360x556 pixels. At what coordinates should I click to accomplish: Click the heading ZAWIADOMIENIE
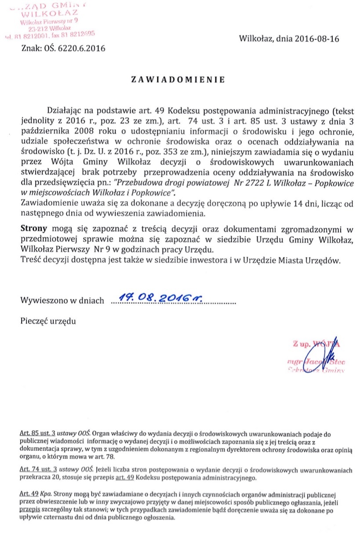pyautogui.click(x=178, y=80)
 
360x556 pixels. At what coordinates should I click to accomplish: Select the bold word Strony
pyautogui.click(x=35, y=229)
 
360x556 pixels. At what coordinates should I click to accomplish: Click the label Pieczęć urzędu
pyautogui.click(x=48, y=321)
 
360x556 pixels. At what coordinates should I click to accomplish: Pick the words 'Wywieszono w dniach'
pyautogui.click(x=62, y=301)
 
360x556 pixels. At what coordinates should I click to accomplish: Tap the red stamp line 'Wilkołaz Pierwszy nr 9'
pyautogui.click(x=51, y=21)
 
